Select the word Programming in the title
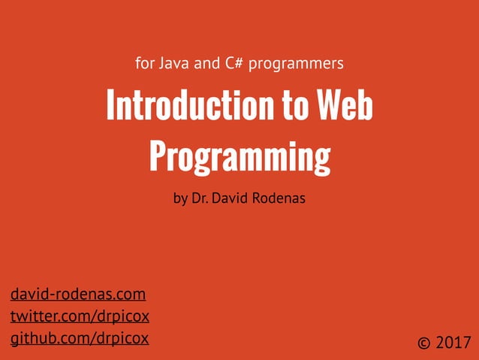click(239, 156)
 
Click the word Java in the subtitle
click(174, 63)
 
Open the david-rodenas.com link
click(78, 294)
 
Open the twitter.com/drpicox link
click(80, 316)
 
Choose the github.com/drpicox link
click(80, 338)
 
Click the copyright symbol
click(425, 343)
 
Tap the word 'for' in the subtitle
click(144, 63)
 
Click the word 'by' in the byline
click(180, 200)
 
